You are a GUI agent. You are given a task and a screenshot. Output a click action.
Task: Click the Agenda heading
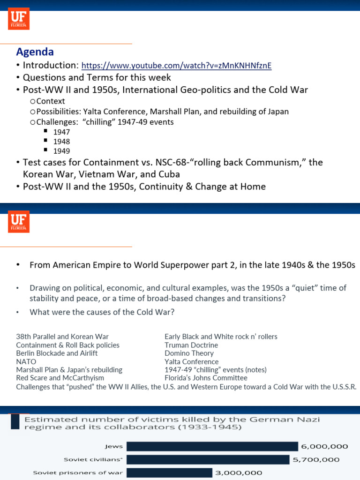click(35, 52)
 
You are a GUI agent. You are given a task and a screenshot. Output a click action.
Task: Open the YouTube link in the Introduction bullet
click(176, 66)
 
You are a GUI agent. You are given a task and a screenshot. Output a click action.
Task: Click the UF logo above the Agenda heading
click(19, 19)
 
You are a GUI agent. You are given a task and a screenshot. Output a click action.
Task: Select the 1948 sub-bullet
click(61, 142)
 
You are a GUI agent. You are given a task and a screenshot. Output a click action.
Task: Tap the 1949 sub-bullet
click(61, 151)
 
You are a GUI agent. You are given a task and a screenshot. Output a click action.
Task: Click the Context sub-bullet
click(51, 101)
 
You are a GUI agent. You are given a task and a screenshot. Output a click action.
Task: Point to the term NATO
click(26, 362)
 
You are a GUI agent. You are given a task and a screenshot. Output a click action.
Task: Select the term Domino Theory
click(189, 353)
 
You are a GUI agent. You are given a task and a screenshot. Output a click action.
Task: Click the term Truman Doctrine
click(191, 345)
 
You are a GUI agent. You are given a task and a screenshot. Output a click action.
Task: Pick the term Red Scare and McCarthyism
click(60, 378)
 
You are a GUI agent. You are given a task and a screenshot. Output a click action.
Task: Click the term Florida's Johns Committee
click(206, 378)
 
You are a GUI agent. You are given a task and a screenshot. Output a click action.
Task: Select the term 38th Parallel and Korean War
click(62, 337)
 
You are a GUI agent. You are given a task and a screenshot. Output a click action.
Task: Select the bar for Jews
click(212, 446)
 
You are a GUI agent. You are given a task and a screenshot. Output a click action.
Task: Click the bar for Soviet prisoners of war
click(169, 472)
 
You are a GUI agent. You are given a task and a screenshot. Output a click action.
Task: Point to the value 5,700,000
click(316, 460)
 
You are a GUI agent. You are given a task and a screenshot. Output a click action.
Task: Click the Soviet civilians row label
click(93, 460)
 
